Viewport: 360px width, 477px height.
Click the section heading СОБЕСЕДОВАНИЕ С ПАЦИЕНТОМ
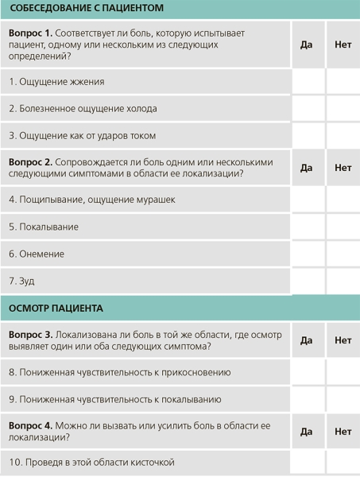(x=87, y=10)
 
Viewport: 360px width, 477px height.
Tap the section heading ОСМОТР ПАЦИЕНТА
(x=56, y=308)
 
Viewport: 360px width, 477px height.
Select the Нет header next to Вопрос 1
(x=343, y=45)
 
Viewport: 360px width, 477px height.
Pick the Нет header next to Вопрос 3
(x=343, y=340)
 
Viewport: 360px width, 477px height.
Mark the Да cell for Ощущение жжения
(x=308, y=82)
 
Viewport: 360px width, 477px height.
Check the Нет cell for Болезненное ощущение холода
(x=343, y=109)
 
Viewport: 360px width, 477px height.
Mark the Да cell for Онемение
(x=308, y=254)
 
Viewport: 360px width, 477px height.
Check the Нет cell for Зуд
(x=343, y=281)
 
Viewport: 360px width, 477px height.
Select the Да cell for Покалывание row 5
(x=308, y=227)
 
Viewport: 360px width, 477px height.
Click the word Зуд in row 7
(x=27, y=281)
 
